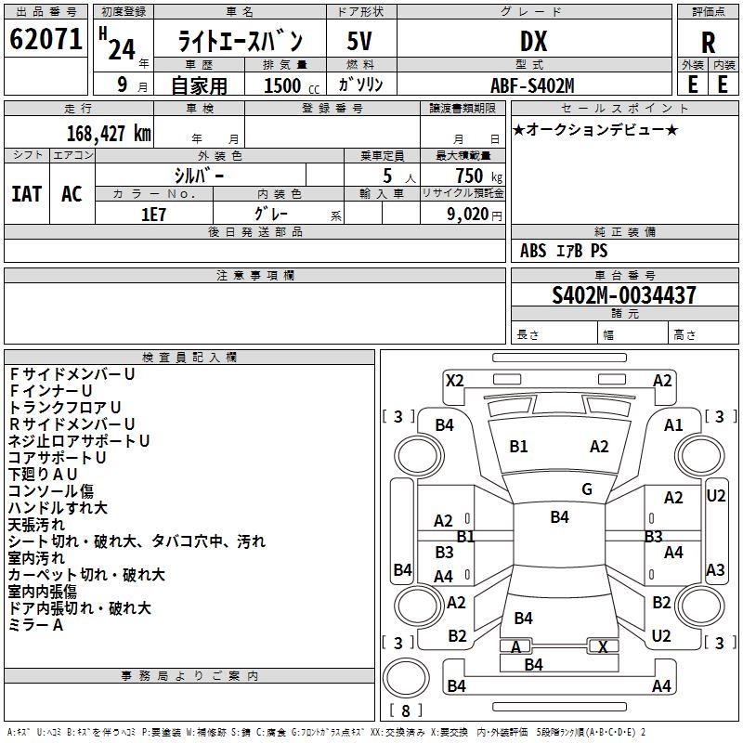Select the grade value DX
point(533,42)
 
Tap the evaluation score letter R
point(708,43)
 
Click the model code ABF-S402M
point(532,85)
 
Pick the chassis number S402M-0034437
point(623,296)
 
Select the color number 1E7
point(152,213)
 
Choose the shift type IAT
point(26,193)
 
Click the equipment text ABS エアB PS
point(564,251)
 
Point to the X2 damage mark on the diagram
point(454,380)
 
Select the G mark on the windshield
point(587,489)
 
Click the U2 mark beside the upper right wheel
point(715,495)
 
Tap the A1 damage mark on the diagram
point(673,424)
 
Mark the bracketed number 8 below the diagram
point(405,711)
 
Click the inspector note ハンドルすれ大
point(58,508)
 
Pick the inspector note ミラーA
point(35,625)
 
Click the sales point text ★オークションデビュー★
point(595,129)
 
